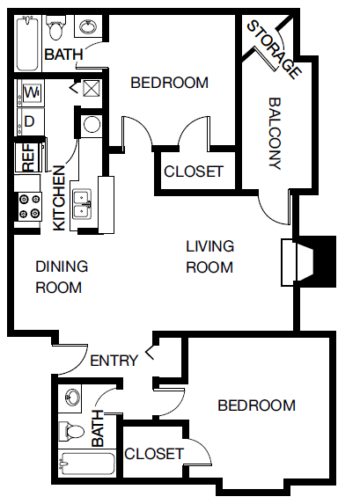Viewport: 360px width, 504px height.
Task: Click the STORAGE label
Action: (x=275, y=49)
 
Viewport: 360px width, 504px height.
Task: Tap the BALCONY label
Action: (x=276, y=134)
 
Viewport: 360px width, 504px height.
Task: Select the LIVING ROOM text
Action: (x=209, y=257)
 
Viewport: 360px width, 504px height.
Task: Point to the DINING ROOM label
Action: (x=62, y=277)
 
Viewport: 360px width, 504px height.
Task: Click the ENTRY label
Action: (x=114, y=361)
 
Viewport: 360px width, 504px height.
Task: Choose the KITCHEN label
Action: (x=59, y=198)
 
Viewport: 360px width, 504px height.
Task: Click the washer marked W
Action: (x=32, y=93)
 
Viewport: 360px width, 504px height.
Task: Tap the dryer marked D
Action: (x=29, y=121)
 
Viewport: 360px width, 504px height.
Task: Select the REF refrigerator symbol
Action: (x=28, y=157)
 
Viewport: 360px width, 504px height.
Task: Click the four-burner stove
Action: (x=30, y=207)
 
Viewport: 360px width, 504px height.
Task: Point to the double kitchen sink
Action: (x=82, y=204)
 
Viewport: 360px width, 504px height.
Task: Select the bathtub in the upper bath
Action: (x=27, y=42)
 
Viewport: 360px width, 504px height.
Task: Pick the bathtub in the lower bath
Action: (x=87, y=464)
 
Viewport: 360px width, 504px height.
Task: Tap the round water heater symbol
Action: (x=92, y=124)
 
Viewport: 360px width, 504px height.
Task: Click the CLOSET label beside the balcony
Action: (x=194, y=172)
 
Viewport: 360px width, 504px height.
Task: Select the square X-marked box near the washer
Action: (x=92, y=88)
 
